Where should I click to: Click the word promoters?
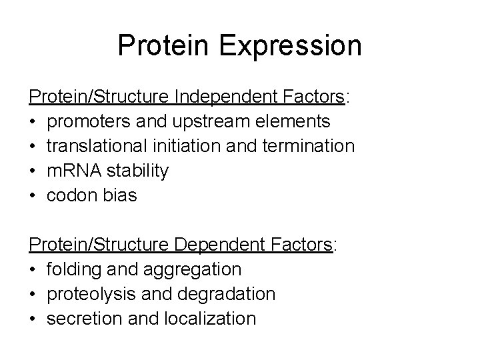pos(89,121)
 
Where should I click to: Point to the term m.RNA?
pos(74,171)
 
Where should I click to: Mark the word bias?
pos(121,195)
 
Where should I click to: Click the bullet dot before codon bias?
pos(33,195)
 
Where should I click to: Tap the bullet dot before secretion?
pos(33,319)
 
